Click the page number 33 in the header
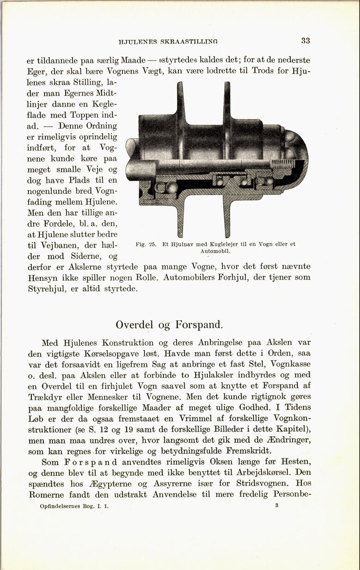point(305,41)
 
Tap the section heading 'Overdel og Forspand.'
point(170,324)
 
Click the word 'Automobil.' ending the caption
point(215,251)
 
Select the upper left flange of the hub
point(181,99)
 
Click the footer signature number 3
point(276,506)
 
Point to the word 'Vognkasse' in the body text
point(290,363)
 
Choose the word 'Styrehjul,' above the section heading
point(46,288)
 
